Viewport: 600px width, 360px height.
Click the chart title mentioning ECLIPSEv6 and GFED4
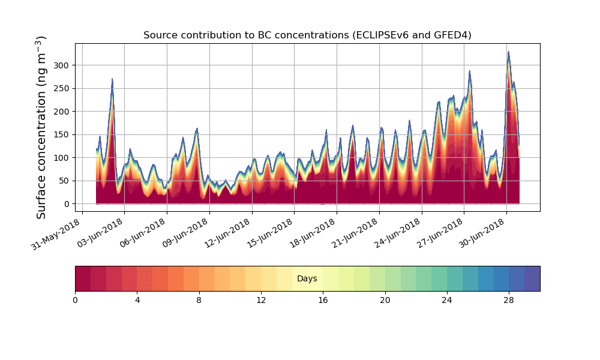(x=307, y=35)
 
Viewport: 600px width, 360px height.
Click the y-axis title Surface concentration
(x=41, y=127)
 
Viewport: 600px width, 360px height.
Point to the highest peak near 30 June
(x=508, y=52)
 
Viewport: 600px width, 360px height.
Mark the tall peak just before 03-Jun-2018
(x=112, y=79)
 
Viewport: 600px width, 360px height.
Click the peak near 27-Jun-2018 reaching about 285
(x=470, y=71)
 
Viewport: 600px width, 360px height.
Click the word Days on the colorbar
(x=307, y=279)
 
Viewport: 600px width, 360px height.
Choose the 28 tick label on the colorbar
(x=509, y=299)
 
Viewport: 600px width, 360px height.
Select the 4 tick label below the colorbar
(x=137, y=299)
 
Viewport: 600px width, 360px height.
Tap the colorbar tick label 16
(x=323, y=299)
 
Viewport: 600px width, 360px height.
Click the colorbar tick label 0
(x=75, y=299)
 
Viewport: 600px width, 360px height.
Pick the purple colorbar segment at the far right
(x=532, y=278)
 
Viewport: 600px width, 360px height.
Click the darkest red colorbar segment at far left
(x=83, y=278)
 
